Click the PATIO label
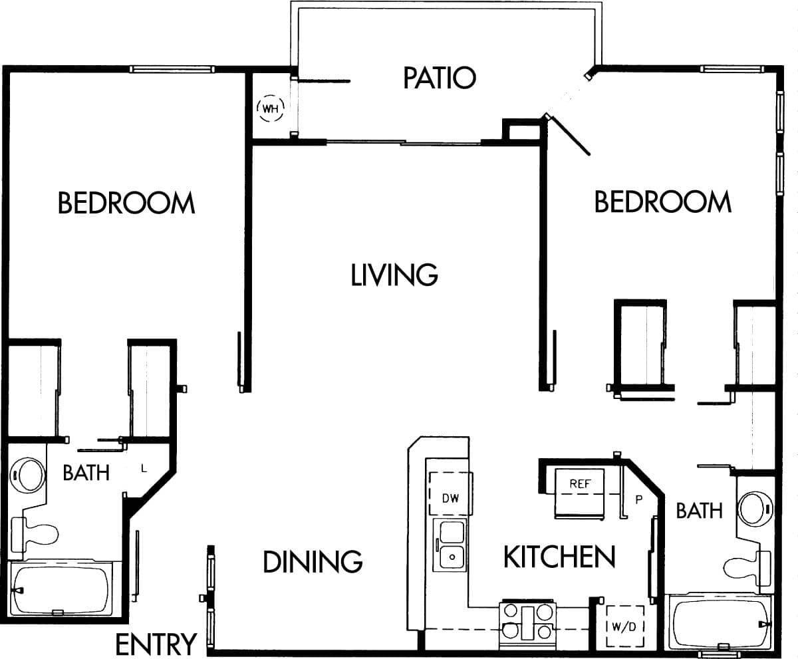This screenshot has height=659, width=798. [440, 78]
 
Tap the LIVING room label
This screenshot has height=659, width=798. [394, 275]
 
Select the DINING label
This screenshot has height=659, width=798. [313, 562]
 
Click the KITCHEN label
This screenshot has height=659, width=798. [559, 557]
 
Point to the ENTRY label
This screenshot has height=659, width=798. [156, 644]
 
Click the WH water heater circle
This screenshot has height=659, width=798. [270, 108]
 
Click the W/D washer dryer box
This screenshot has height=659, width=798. [625, 626]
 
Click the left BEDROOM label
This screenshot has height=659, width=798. [126, 203]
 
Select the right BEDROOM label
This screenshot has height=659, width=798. [662, 201]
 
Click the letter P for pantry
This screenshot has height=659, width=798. [638, 499]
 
